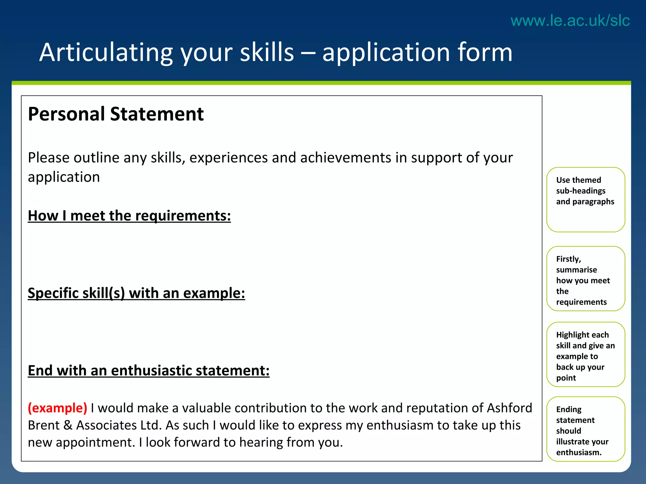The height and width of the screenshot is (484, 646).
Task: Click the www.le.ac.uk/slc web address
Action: pos(570,21)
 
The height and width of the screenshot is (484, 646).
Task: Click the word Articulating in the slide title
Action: pos(106,52)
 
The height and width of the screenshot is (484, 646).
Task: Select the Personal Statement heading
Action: pos(116,114)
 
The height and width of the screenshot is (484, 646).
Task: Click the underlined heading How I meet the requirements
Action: pos(129,216)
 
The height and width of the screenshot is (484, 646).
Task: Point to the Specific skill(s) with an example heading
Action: pos(136,293)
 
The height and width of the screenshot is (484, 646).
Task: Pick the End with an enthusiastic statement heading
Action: pos(149,371)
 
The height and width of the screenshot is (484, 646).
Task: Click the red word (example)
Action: pos(57,408)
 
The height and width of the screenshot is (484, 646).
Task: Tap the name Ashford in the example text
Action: pos(509,408)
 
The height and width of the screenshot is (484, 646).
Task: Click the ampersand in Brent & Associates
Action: pos(68,425)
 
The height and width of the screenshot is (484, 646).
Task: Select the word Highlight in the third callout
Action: pos(571,335)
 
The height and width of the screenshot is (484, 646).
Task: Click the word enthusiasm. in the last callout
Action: pos(579,452)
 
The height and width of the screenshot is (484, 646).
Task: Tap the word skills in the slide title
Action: pos(267,52)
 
